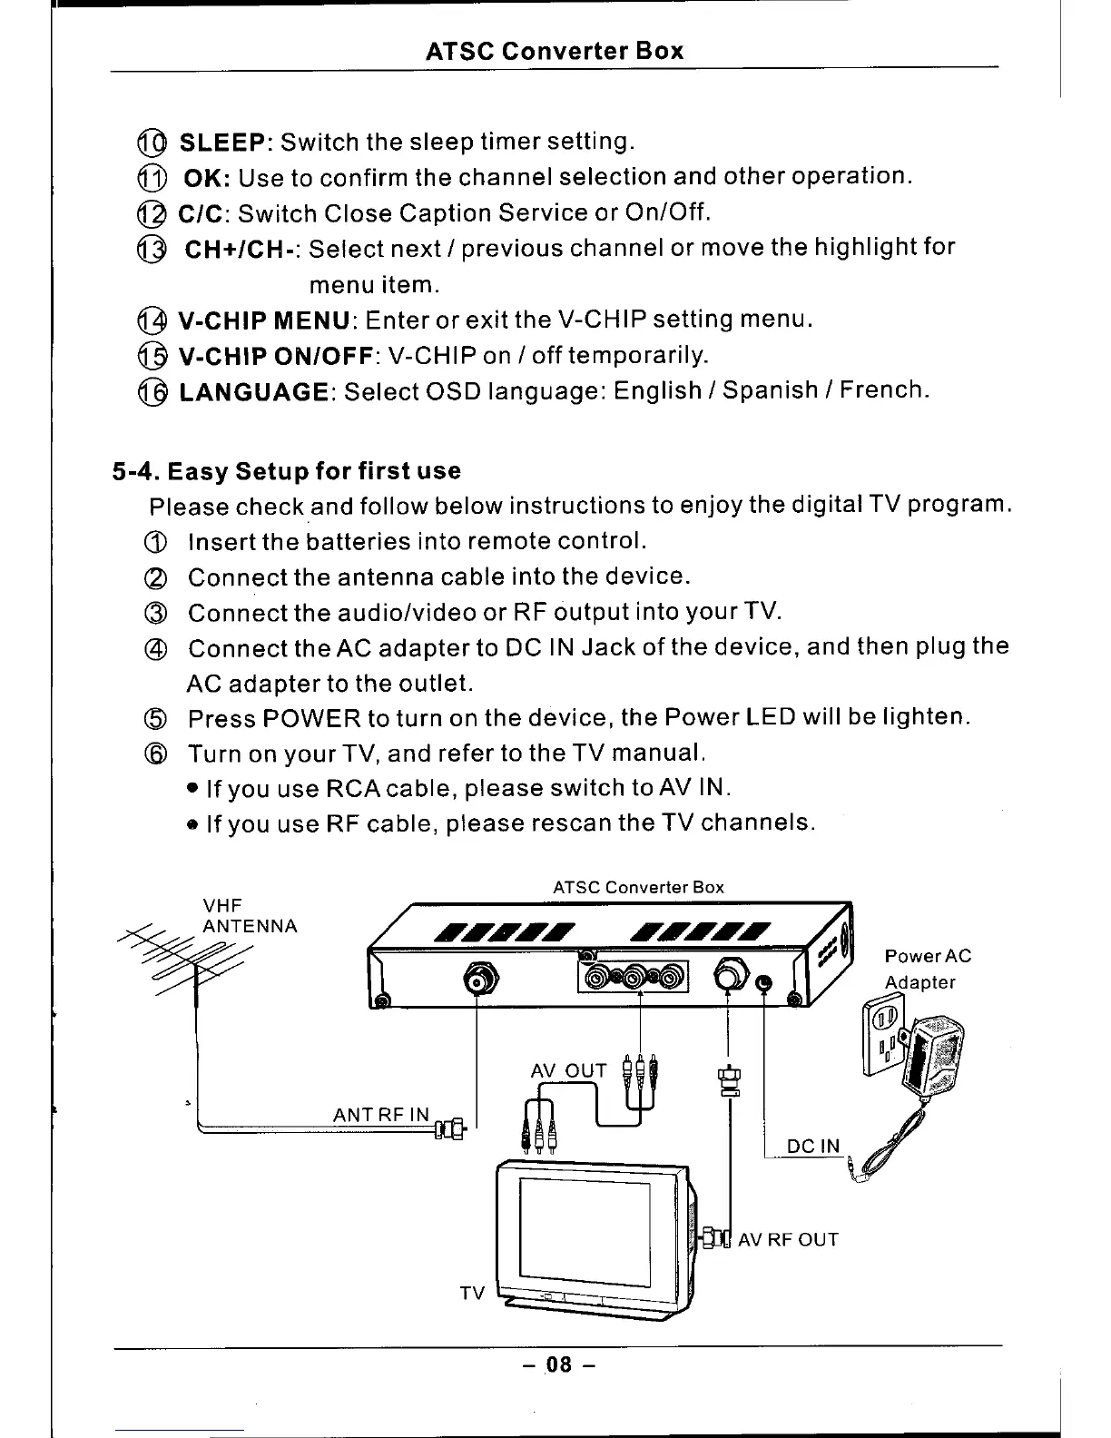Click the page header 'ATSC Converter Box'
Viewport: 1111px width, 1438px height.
point(555,50)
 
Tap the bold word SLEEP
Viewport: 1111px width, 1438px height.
point(221,143)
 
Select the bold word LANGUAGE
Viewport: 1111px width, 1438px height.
point(255,392)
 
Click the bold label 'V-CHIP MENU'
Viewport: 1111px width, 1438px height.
point(264,320)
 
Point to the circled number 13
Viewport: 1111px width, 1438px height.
point(152,250)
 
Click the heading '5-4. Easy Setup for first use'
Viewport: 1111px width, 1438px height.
point(286,471)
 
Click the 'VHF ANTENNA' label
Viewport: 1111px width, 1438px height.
point(249,915)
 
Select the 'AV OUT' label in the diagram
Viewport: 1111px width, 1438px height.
point(568,1071)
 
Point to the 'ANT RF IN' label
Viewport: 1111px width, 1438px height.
point(380,1115)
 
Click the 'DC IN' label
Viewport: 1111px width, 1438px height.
point(813,1147)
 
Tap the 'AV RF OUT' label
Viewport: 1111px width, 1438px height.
point(788,1240)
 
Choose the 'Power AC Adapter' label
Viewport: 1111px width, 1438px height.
point(927,969)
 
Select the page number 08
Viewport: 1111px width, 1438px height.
point(558,1364)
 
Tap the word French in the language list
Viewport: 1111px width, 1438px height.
point(882,390)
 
